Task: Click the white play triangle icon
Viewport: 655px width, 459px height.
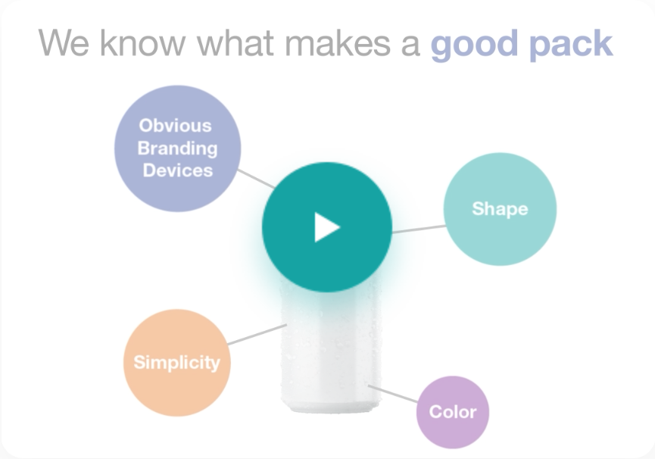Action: [326, 227]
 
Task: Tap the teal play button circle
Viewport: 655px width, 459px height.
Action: [326, 227]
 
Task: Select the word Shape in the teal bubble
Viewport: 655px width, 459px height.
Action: [500, 209]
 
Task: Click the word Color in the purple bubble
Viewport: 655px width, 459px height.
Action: [453, 412]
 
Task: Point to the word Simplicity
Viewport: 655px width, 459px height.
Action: [176, 363]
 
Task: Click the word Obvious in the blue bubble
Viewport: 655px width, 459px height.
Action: [176, 126]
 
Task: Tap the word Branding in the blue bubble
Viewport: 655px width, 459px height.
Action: [177, 148]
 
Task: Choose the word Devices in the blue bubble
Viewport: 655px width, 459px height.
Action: [178, 170]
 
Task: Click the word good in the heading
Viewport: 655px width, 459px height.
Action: [475, 44]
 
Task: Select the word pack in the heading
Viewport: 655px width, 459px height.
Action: [571, 44]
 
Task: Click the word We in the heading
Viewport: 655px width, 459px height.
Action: [64, 42]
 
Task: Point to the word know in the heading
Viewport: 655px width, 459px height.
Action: [142, 42]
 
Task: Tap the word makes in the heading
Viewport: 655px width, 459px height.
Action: [338, 42]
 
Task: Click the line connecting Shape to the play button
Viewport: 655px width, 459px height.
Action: [419, 229]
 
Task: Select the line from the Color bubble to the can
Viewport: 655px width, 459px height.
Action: [393, 394]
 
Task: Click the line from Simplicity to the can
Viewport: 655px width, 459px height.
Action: [257, 334]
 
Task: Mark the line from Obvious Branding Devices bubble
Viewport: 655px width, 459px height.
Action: [256, 179]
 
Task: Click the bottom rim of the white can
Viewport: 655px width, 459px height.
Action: [331, 407]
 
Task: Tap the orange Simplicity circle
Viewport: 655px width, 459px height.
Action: [177, 363]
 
